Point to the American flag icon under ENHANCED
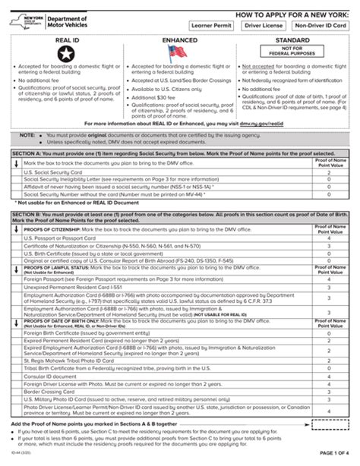coord(179,52)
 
